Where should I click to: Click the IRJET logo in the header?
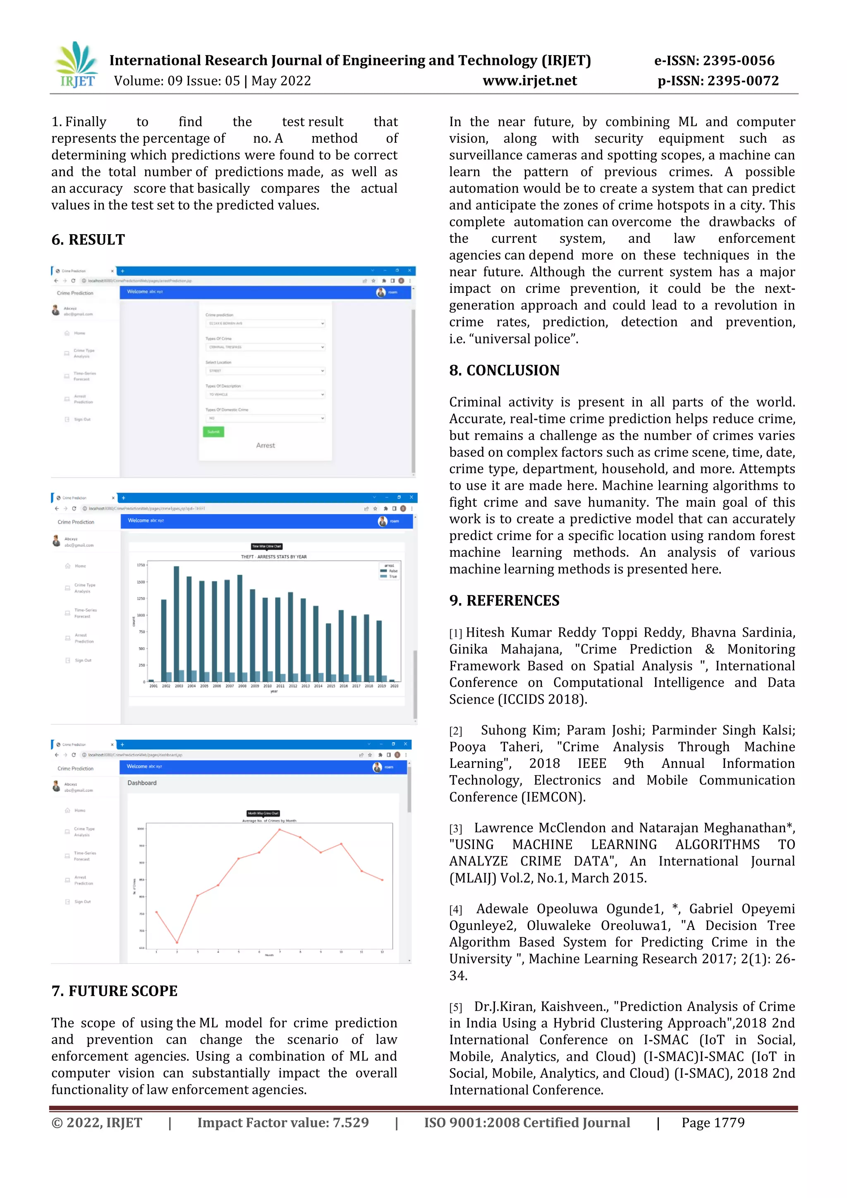(76, 65)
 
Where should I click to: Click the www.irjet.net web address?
(529, 81)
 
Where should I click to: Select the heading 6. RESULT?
(88, 240)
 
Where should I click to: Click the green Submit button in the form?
(213, 431)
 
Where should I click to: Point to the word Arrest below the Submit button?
(266, 445)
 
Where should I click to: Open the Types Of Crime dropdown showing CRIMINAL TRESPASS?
(265, 347)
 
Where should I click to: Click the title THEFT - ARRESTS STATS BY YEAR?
(274, 557)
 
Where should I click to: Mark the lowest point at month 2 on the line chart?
(177, 942)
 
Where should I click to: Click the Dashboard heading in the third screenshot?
(142, 783)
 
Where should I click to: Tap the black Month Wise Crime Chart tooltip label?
(263, 813)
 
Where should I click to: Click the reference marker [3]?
(455, 829)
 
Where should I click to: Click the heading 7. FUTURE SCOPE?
(114, 991)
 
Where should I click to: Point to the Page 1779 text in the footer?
(713, 1122)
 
